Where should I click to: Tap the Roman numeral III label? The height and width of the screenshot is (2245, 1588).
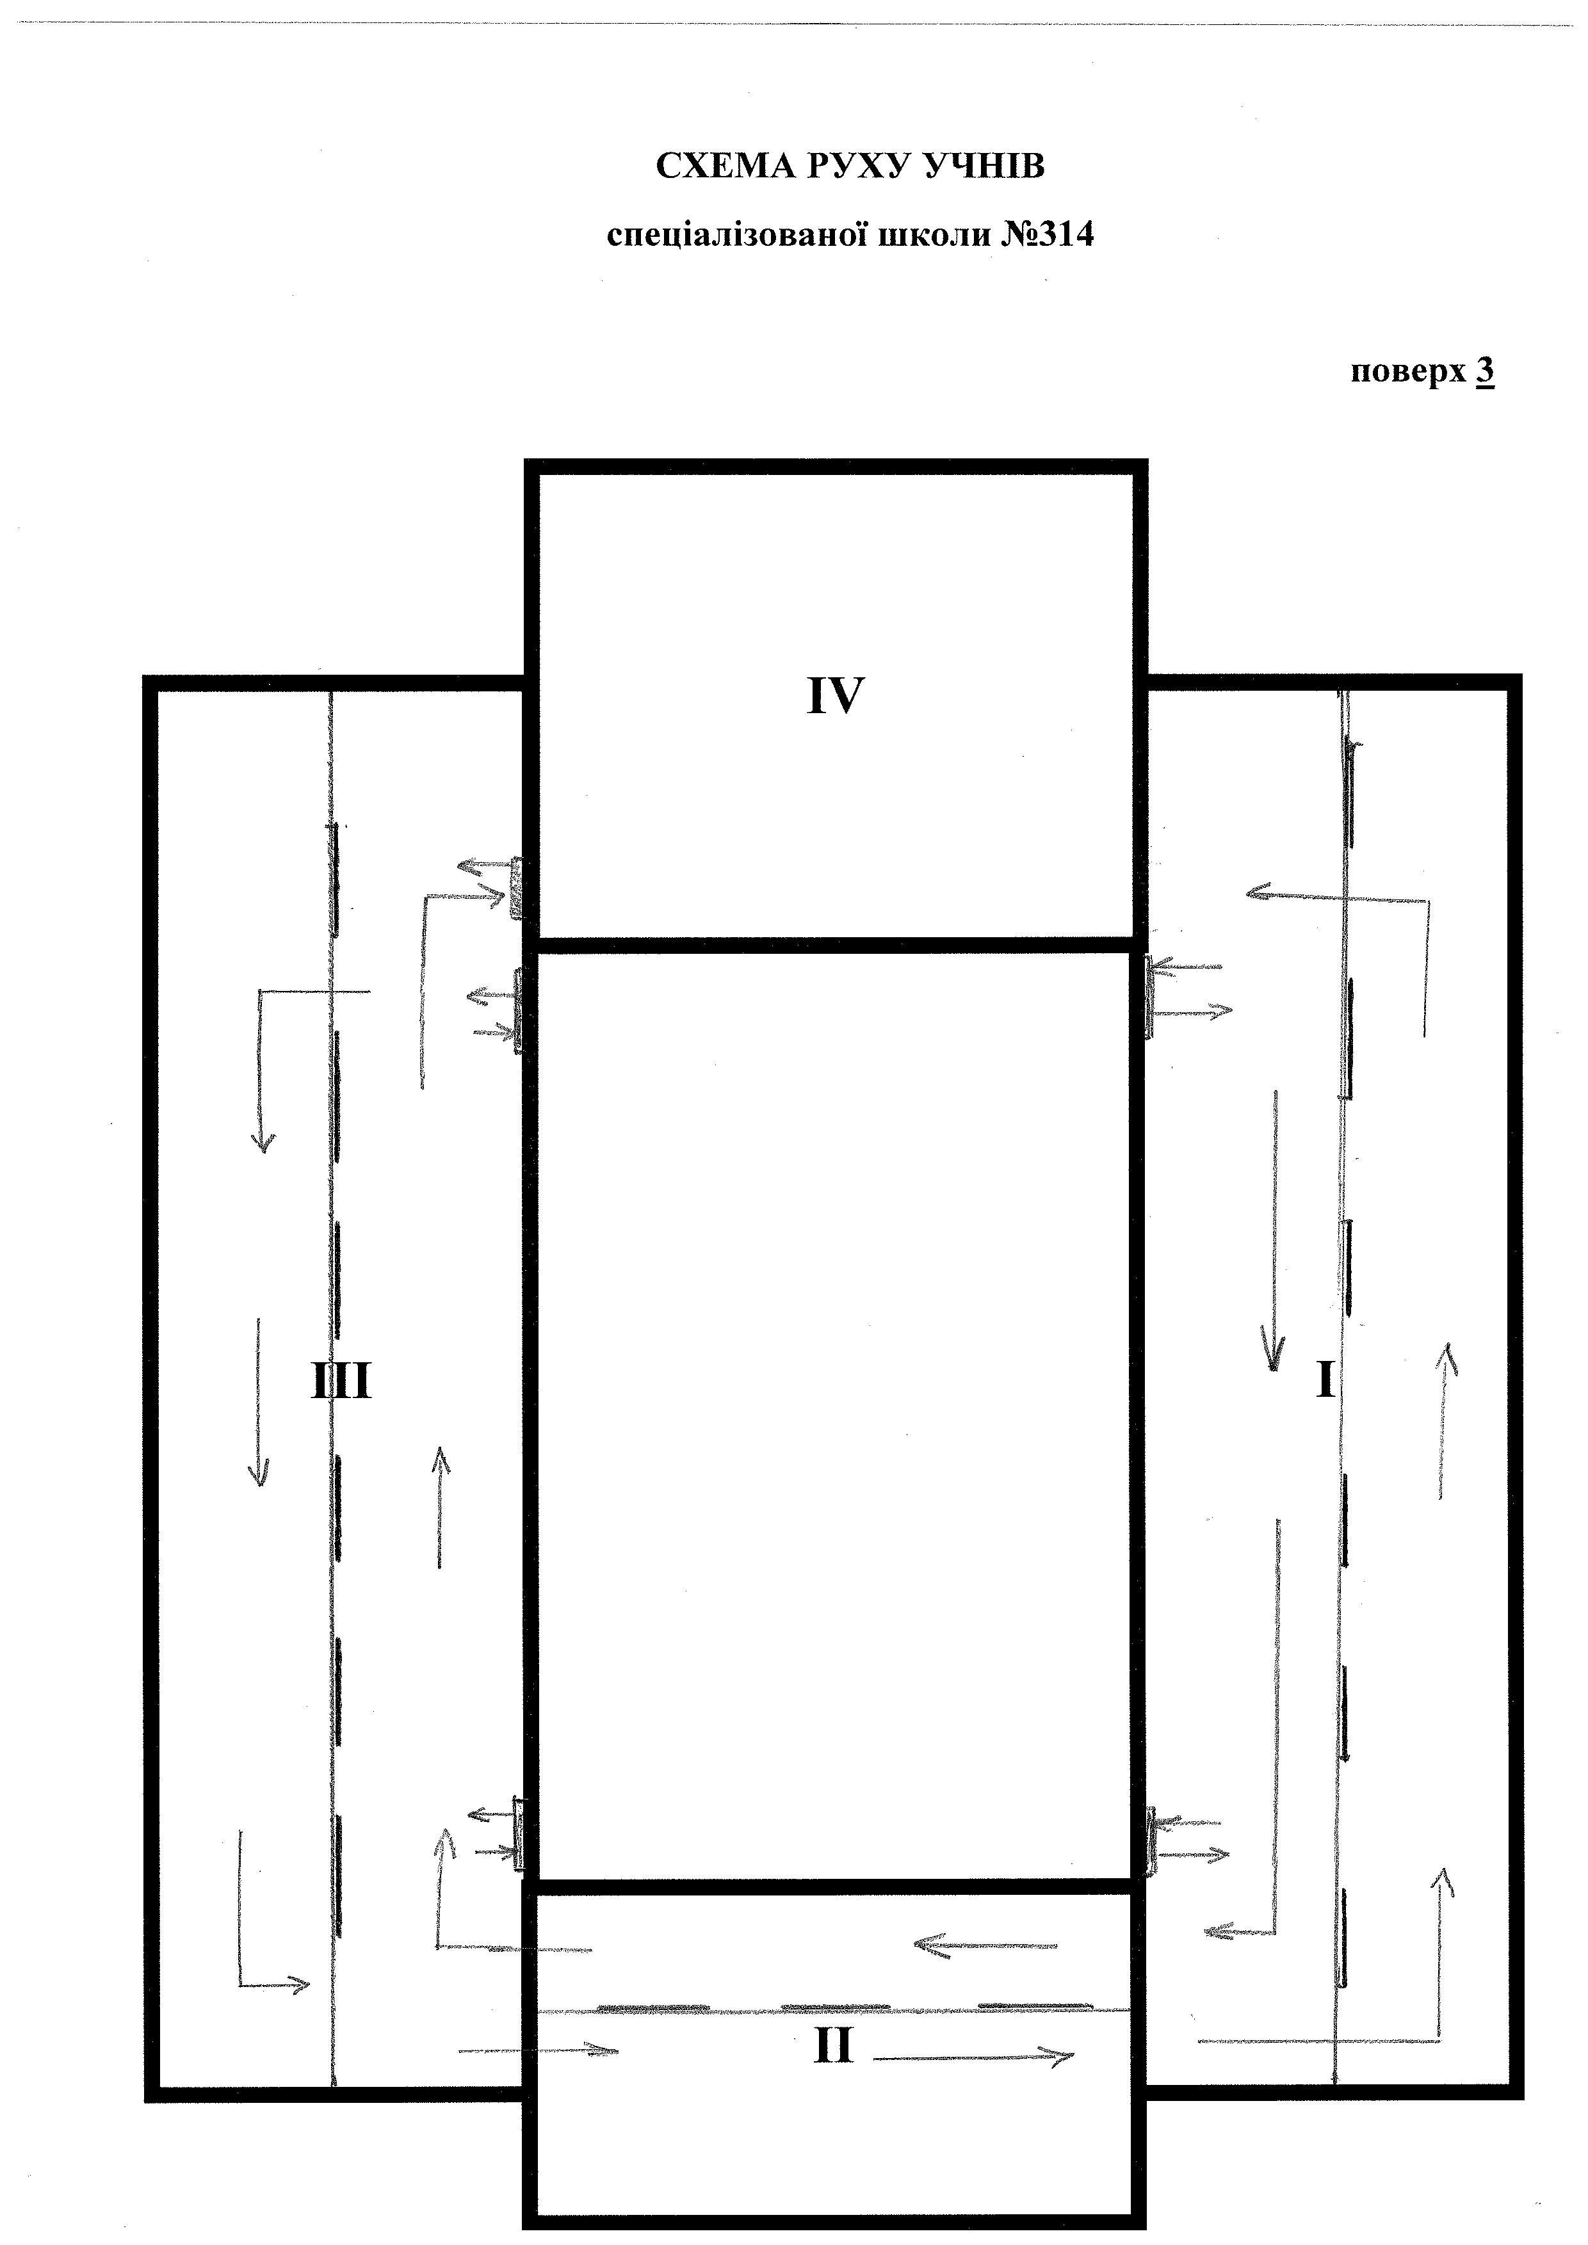pos(341,1383)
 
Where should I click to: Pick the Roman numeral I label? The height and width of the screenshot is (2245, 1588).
pos(1326,1381)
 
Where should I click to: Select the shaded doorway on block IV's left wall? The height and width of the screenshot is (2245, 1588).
pos(516,887)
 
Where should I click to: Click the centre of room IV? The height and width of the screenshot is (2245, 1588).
pos(836,704)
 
